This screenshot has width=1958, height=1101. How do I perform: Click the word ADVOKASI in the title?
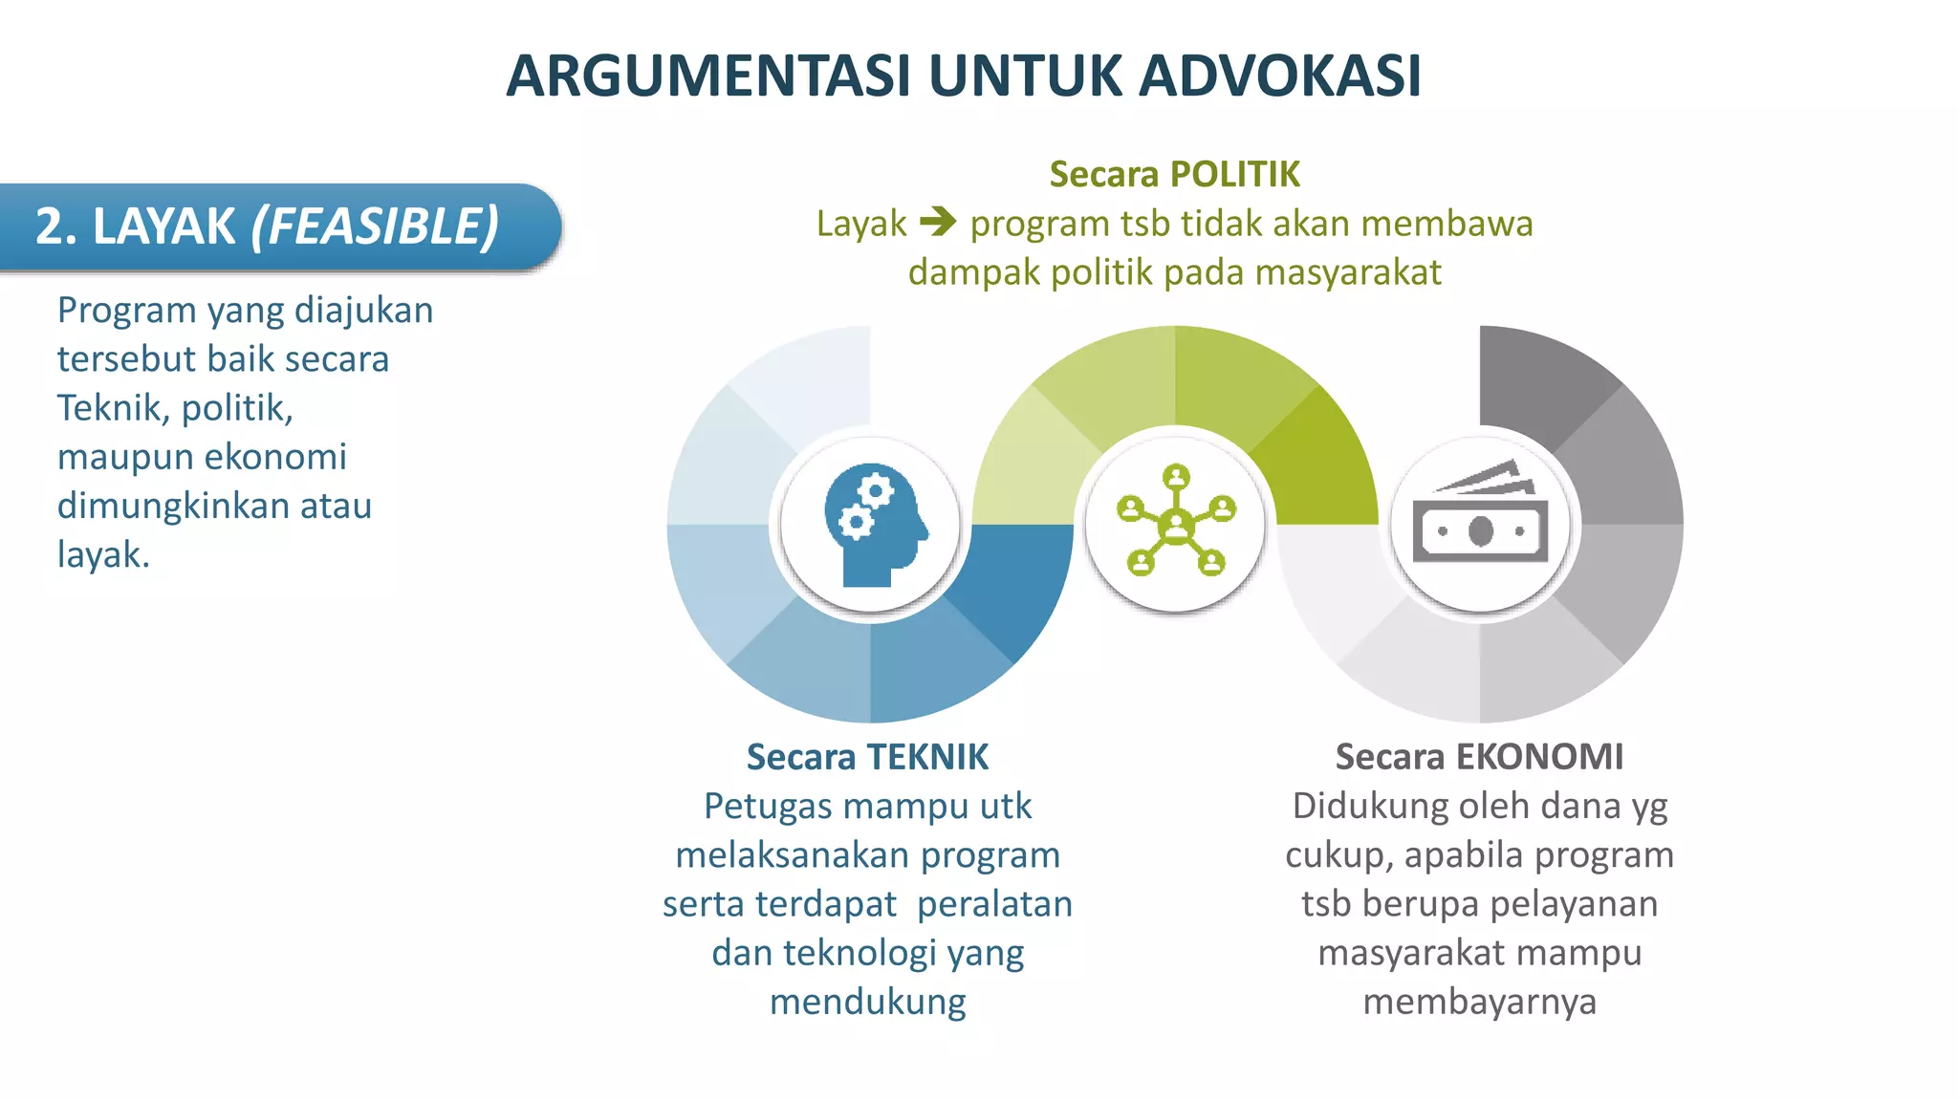pyautogui.click(x=1280, y=76)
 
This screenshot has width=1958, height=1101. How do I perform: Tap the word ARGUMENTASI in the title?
pyautogui.click(x=708, y=76)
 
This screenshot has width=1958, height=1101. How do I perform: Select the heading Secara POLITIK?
pyautogui.click(x=1174, y=174)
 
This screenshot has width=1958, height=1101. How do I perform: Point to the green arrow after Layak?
pyautogui.click(x=938, y=222)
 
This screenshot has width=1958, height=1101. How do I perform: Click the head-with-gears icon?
pyautogui.click(x=872, y=524)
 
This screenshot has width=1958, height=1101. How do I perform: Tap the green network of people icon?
pyautogui.click(x=1175, y=522)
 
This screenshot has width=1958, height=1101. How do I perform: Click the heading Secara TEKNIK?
pyautogui.click(x=867, y=756)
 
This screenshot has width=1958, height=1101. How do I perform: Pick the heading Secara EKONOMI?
pyautogui.click(x=1479, y=756)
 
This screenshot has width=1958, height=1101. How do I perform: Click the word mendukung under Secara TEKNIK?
pyautogui.click(x=868, y=1002)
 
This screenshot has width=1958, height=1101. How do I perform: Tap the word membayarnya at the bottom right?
pyautogui.click(x=1479, y=1002)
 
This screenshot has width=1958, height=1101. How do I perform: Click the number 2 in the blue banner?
pyautogui.click(x=50, y=227)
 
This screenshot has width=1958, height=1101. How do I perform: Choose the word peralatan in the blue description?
pyautogui.click(x=994, y=904)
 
